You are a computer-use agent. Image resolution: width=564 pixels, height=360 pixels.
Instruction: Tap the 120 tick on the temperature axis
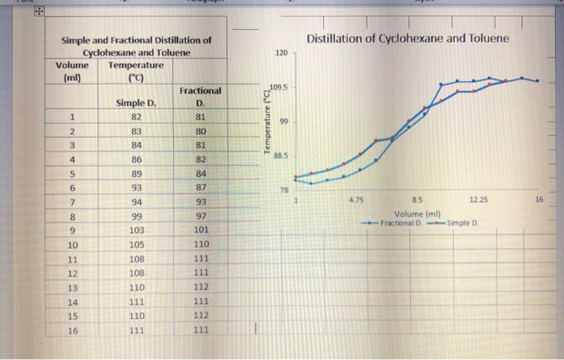tap(280, 52)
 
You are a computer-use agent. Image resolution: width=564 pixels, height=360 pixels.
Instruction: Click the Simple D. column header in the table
tap(135, 103)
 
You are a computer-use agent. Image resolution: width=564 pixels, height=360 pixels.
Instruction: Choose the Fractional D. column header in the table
tap(200, 97)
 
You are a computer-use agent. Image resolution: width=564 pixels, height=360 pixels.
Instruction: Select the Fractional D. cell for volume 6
tap(201, 187)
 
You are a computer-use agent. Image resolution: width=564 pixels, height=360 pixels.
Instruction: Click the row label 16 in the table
tap(73, 331)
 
